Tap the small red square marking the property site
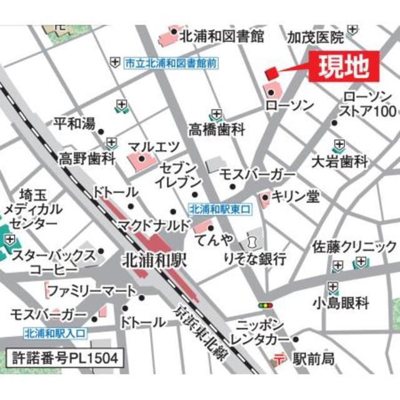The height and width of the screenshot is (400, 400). (x=271, y=73)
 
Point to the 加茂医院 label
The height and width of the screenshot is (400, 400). (x=315, y=38)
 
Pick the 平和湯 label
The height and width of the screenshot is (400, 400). (x=74, y=124)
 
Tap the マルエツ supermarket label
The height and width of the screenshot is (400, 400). (x=154, y=147)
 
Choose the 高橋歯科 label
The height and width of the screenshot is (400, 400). (x=217, y=129)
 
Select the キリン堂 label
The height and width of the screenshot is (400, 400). (x=296, y=197)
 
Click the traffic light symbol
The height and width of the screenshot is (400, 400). (x=266, y=306)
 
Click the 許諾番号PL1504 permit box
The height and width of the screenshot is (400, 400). (x=64, y=359)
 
